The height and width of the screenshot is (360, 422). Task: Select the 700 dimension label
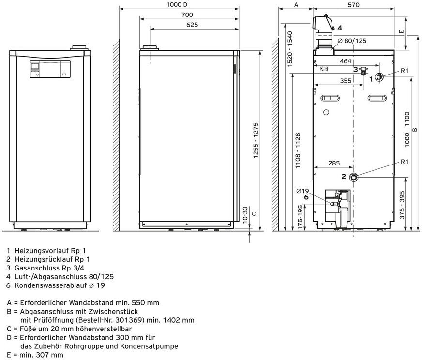coord(187,15)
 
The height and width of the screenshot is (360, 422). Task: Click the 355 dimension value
coord(345,81)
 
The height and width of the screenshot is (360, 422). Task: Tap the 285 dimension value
coord(334,164)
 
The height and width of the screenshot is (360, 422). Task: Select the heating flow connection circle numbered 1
coord(380,77)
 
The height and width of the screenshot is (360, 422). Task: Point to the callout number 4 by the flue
coord(340,28)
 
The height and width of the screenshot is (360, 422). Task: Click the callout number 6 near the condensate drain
coord(306,197)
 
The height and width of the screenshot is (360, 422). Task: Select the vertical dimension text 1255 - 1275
coord(256,140)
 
